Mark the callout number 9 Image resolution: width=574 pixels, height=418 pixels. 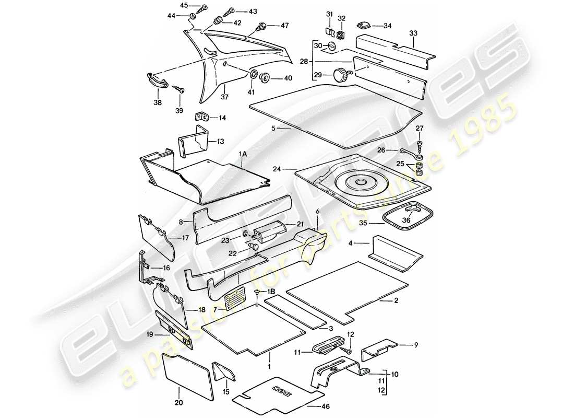point(416,344)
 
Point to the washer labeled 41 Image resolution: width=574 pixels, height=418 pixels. point(255,75)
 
